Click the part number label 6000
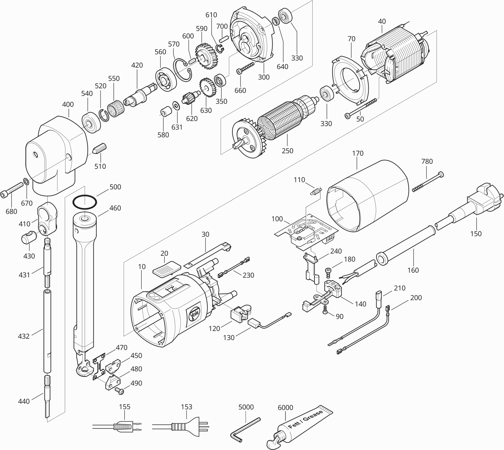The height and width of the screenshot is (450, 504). [285, 408]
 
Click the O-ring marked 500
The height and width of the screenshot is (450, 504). [85, 203]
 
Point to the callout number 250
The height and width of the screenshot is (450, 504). [287, 151]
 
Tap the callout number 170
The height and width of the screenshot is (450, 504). [358, 153]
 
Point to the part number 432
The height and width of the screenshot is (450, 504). [24, 336]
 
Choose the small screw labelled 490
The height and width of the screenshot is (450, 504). [120, 391]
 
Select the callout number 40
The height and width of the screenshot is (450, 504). [382, 21]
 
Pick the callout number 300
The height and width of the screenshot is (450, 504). [264, 77]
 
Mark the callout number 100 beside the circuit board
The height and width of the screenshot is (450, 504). [277, 219]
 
